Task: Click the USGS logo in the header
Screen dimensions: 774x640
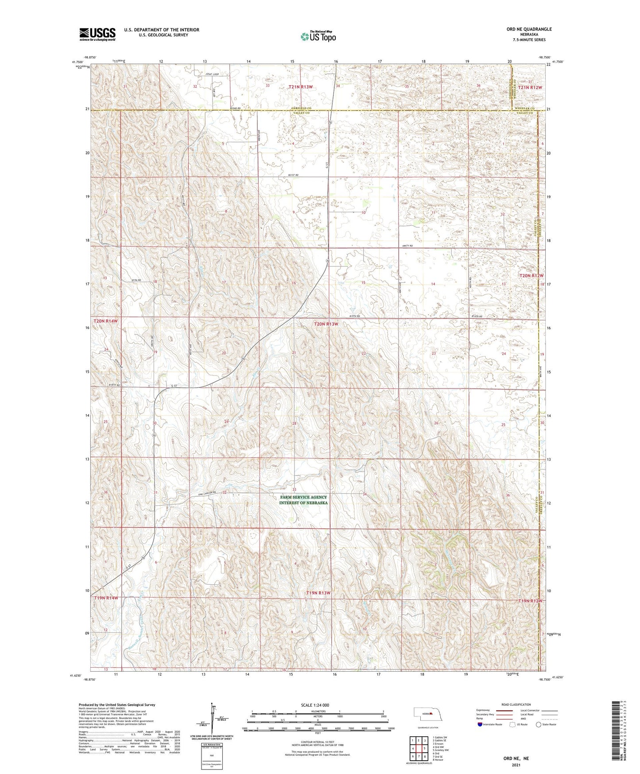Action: (x=97, y=34)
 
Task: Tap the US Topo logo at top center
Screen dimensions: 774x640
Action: (x=318, y=37)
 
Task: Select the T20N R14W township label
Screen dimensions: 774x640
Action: (x=107, y=320)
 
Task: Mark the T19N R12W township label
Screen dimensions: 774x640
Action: (x=530, y=601)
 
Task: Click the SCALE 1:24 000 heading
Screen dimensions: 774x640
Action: (x=318, y=704)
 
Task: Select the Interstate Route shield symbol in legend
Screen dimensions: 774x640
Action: (x=481, y=724)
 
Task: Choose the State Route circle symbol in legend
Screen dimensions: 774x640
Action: (x=539, y=724)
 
